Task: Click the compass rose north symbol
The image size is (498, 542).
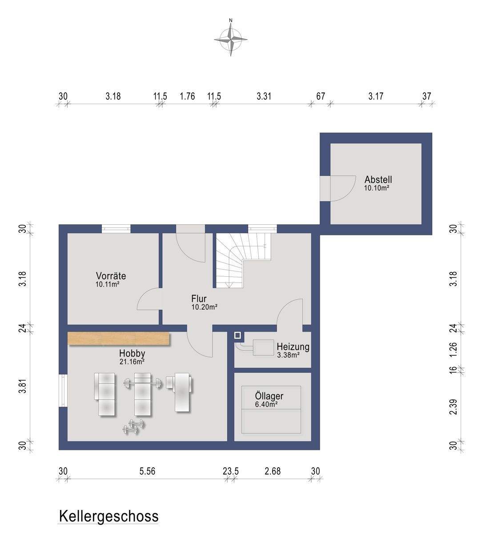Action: tap(231, 38)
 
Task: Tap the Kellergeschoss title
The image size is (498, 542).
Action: tap(108, 516)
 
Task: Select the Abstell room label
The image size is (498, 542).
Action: tap(378, 180)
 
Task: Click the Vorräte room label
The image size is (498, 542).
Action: tap(111, 276)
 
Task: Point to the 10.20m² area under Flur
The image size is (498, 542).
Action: tap(205, 307)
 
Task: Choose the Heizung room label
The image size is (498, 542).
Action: tap(293, 347)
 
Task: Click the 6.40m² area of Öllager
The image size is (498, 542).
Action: tap(266, 404)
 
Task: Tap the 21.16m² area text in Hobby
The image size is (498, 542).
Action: tap(132, 361)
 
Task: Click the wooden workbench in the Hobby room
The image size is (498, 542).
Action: tap(119, 339)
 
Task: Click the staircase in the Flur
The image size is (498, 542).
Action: tap(243, 260)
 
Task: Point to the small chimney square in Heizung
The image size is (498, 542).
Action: tap(237, 336)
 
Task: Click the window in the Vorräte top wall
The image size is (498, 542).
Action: tap(116, 229)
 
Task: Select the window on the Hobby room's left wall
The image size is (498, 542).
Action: tap(63, 390)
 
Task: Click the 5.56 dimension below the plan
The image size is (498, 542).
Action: tap(148, 471)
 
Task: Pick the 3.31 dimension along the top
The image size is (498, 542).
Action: tap(264, 96)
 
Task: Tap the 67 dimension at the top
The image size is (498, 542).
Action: tap(321, 96)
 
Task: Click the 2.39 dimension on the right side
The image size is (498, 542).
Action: tap(454, 407)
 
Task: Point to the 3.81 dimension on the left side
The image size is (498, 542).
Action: tap(23, 387)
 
